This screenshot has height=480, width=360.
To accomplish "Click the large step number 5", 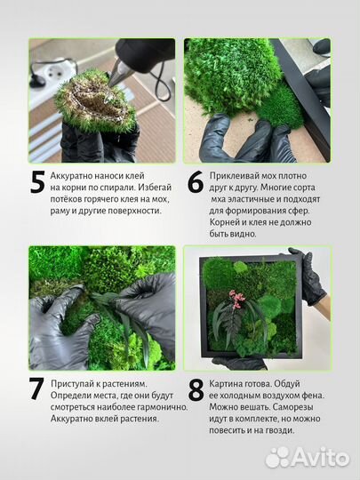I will coord(37,181).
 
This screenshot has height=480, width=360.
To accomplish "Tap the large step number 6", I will coord(196,181).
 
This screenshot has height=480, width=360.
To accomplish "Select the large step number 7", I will coord(37,389).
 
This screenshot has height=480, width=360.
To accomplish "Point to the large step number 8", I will coord(196,389).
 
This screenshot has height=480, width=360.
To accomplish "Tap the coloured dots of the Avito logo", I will coord(278,457).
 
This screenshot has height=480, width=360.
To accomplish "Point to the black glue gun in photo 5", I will coord(142,59).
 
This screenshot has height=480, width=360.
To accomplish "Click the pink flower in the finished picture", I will coord(237,298).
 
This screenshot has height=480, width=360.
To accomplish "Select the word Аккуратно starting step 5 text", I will coord(77,176).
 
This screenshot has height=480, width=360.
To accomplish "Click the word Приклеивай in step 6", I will coord(239,176).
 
